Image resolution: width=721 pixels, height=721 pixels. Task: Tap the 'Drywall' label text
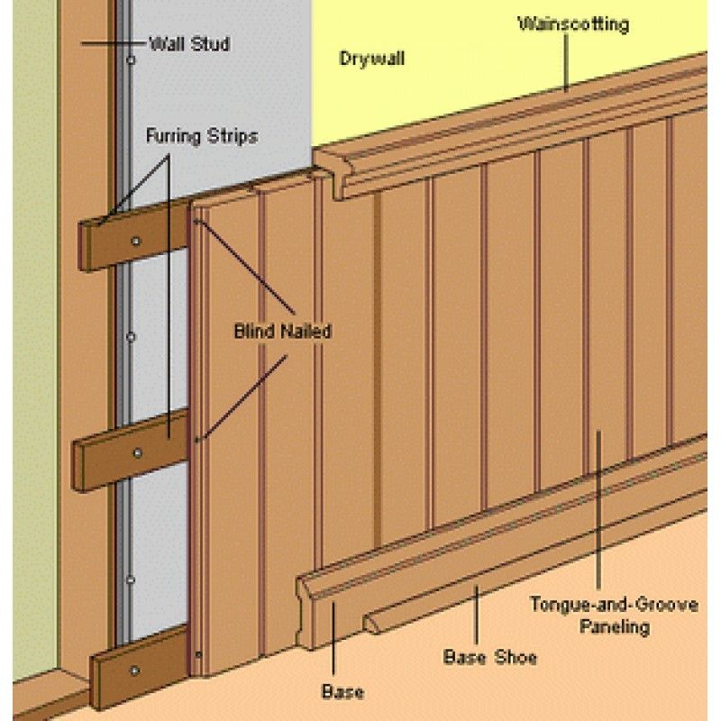[x=371, y=59]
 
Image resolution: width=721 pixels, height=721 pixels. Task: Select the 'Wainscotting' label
[x=573, y=24]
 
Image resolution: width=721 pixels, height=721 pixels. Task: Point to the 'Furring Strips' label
[x=202, y=137]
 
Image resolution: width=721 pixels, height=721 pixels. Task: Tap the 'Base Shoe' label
[x=489, y=657]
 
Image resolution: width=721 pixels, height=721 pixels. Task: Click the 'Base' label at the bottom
[x=342, y=692]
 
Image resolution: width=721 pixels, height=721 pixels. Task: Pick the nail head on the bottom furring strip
[x=134, y=669]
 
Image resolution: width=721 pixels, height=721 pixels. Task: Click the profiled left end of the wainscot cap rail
[x=331, y=171]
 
